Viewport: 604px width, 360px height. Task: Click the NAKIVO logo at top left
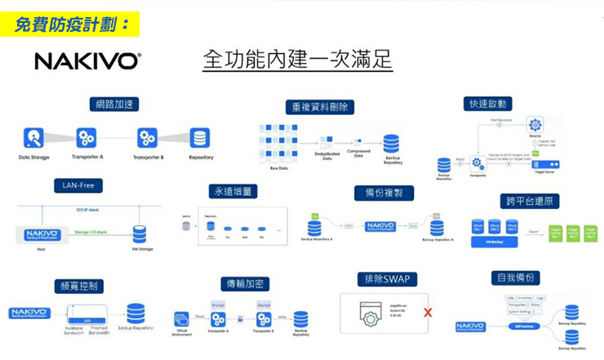point(87,62)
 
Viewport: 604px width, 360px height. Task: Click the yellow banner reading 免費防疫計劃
point(71,24)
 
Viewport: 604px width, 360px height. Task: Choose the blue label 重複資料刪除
point(320,107)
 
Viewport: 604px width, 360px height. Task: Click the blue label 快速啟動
point(488,104)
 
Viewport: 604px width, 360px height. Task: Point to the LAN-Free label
point(78,186)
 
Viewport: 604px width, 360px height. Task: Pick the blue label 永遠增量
point(234,191)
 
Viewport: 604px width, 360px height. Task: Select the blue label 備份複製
point(384,193)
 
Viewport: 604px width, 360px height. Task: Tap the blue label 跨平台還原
point(530,201)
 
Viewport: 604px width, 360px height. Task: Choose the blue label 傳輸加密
point(247,284)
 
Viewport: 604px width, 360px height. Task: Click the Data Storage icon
point(33,138)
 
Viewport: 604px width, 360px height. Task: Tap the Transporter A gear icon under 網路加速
point(87,138)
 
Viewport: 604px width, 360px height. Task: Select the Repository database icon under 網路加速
point(200,138)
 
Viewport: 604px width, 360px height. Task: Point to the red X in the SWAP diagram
point(428,313)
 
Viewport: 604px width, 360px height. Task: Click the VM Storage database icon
point(140,234)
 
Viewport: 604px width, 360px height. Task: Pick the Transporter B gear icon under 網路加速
point(147,138)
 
